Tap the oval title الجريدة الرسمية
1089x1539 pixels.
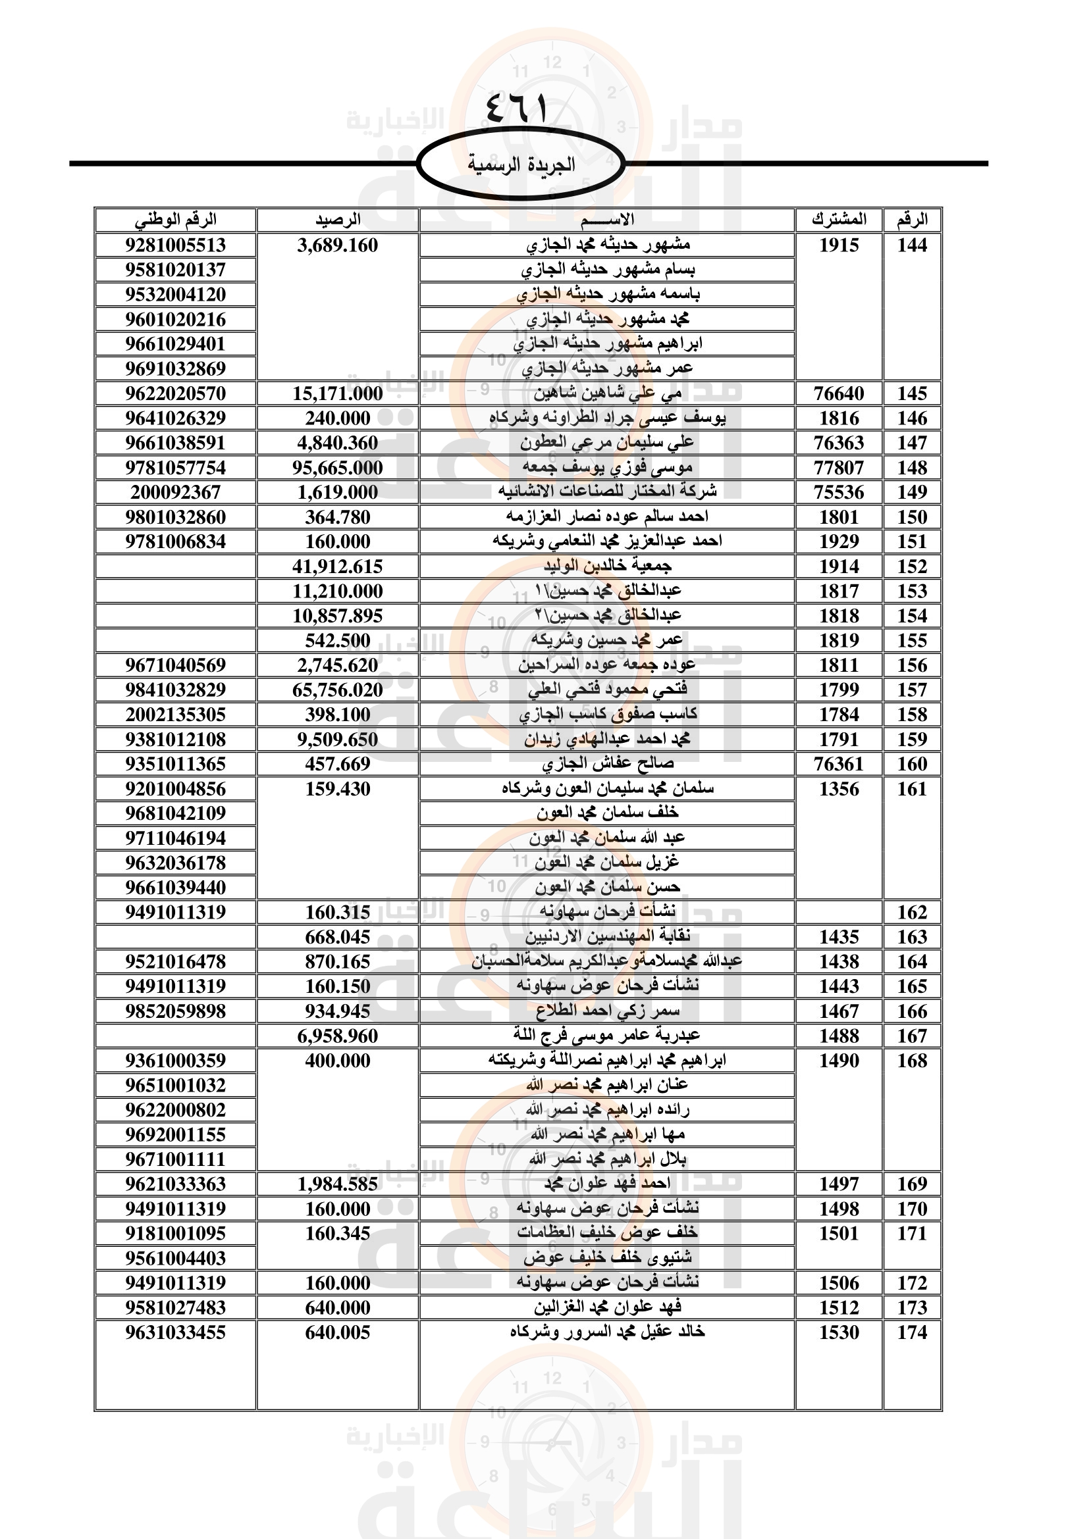click(521, 164)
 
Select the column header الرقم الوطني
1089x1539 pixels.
click(176, 220)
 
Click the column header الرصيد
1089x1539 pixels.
click(338, 220)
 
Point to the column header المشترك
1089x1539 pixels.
click(839, 220)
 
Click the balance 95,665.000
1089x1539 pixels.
click(337, 468)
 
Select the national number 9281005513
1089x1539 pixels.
click(176, 245)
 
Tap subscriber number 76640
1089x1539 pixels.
click(839, 393)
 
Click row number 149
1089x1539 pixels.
click(912, 493)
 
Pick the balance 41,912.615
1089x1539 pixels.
click(337, 567)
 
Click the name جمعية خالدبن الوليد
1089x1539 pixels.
click(608, 567)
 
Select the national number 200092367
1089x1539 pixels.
click(176, 493)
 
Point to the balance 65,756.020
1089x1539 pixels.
click(337, 690)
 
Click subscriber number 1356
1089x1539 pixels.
click(839, 790)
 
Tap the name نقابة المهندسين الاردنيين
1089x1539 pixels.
click(608, 937)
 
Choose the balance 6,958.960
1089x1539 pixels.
click(337, 1036)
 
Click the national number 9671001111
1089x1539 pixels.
click(176, 1159)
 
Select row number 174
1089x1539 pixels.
click(912, 1332)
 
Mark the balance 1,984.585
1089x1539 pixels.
click(337, 1184)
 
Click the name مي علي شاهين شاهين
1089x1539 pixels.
click(608, 393)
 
